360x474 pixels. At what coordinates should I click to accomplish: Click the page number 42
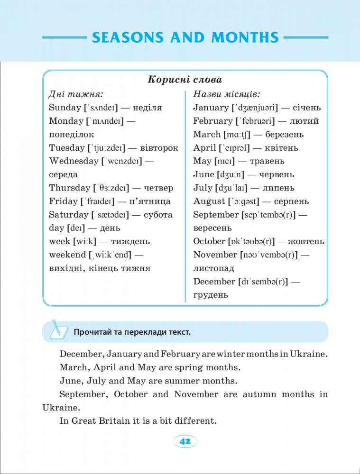click(x=185, y=441)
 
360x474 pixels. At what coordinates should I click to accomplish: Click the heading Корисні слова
click(x=185, y=80)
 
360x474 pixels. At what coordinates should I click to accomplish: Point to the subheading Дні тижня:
click(x=76, y=94)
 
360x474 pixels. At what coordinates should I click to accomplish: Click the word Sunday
click(x=65, y=108)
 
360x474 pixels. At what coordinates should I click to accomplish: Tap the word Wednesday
click(x=74, y=161)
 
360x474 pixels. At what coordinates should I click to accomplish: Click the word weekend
click(x=67, y=255)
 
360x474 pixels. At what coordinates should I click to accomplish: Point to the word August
click(x=209, y=201)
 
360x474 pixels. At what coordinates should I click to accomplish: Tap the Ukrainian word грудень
click(x=211, y=295)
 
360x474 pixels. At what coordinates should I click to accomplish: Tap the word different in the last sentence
click(x=195, y=420)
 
